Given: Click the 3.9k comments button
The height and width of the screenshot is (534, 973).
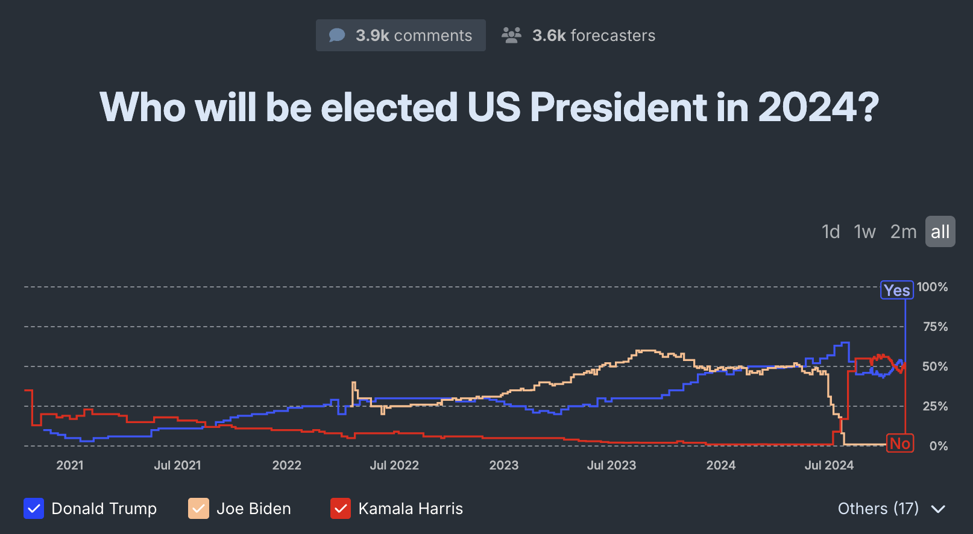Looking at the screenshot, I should point(400,36).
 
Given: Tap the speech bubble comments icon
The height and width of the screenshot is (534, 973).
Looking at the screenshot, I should point(337,36).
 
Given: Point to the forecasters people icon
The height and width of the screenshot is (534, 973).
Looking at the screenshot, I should point(511,36).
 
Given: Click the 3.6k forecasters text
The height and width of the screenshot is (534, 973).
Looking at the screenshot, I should point(593,36).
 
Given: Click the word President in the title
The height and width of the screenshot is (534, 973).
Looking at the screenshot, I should point(618,107).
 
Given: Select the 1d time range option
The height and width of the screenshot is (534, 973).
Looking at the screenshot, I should point(831,231).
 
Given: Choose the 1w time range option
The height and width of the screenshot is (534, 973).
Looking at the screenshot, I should point(864,231).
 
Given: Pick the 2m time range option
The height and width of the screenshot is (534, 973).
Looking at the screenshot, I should point(903,231).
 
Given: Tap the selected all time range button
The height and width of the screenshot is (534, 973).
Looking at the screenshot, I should point(940,231).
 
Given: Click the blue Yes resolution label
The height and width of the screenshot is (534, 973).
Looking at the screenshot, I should point(896,291).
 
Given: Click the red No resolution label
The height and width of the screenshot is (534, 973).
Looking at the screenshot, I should point(899,444).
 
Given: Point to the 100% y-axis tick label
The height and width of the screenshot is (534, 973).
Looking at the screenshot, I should point(932,287).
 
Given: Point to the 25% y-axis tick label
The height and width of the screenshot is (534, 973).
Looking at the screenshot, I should point(935,406).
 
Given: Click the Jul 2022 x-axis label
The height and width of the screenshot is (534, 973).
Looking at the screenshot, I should point(394,465).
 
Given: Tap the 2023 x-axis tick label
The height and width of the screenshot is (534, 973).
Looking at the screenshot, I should point(503,465).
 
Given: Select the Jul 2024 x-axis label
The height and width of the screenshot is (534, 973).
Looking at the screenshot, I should point(829,465).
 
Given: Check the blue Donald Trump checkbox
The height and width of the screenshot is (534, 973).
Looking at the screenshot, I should point(34,509).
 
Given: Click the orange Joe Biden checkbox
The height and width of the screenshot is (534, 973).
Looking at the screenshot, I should point(198,509).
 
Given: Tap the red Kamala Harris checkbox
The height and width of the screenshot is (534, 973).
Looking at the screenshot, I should point(341,509).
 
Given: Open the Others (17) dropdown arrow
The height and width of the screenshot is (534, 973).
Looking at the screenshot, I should point(938,509).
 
